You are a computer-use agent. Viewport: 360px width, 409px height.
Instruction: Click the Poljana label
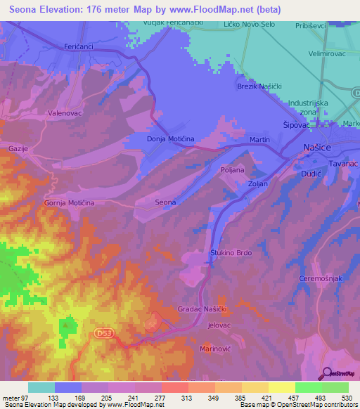(x=232, y=170)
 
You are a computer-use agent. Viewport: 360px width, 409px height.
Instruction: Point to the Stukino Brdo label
(x=231, y=253)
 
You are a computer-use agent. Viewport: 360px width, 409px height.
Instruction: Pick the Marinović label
(x=216, y=349)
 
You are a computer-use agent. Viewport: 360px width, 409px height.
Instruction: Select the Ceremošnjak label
(x=320, y=278)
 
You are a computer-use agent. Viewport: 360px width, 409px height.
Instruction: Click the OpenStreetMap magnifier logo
(x=326, y=373)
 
